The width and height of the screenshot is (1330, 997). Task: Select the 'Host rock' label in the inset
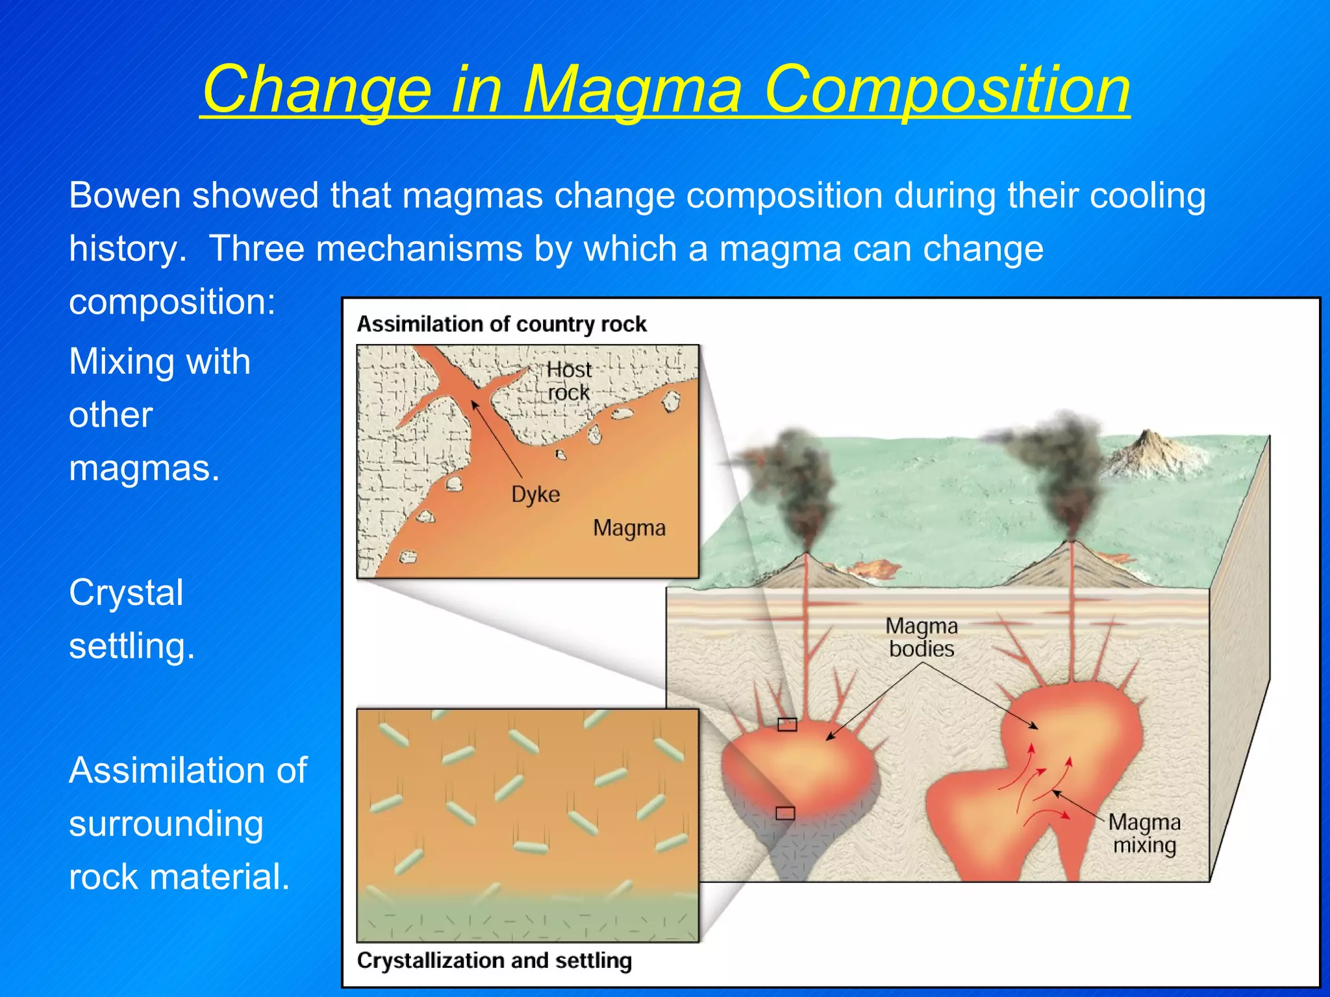(x=568, y=381)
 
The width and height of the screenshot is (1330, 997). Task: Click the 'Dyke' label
(x=535, y=495)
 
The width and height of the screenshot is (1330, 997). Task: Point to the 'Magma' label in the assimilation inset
(x=629, y=528)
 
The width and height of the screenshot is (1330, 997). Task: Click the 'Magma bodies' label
(x=921, y=637)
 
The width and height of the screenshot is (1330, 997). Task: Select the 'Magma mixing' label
(x=1144, y=833)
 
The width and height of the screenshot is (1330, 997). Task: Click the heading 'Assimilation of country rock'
(x=501, y=324)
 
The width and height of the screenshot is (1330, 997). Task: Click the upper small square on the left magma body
(x=787, y=724)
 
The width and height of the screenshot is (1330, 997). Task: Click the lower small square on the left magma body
(x=785, y=813)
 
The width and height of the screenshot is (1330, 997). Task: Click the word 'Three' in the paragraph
(x=257, y=249)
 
